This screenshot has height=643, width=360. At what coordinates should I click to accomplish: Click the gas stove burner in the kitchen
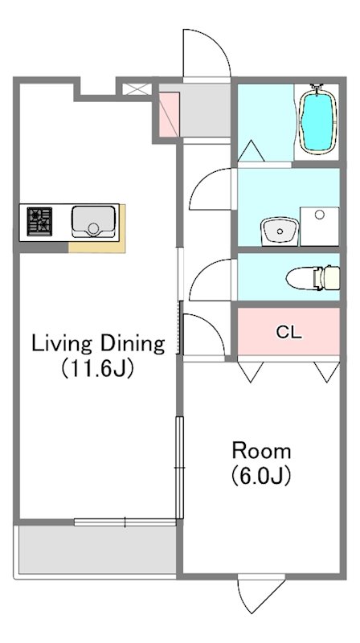pos(39,222)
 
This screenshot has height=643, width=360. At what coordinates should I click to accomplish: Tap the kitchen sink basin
pos(93,221)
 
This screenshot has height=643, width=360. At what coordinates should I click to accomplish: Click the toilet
pos(313,277)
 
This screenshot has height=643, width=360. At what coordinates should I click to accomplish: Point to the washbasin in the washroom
pos(280,231)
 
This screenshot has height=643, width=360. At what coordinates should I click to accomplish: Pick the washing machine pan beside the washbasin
pos(320,227)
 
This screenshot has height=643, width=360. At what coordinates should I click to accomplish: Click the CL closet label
pos(289,332)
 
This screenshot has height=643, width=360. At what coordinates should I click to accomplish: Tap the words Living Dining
pos(98,344)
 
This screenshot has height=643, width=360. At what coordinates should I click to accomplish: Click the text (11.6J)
pos(97,368)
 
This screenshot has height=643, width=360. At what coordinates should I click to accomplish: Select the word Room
pos(262,451)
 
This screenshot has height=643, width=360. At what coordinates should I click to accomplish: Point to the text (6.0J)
pos(261,476)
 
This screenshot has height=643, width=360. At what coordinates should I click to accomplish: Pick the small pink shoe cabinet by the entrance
pos(169,115)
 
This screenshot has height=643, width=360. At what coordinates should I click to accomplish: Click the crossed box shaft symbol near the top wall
pos(133,89)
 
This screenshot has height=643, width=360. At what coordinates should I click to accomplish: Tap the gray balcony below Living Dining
pos(97,550)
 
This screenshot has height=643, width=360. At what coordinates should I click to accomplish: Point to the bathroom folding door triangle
pos(251,151)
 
